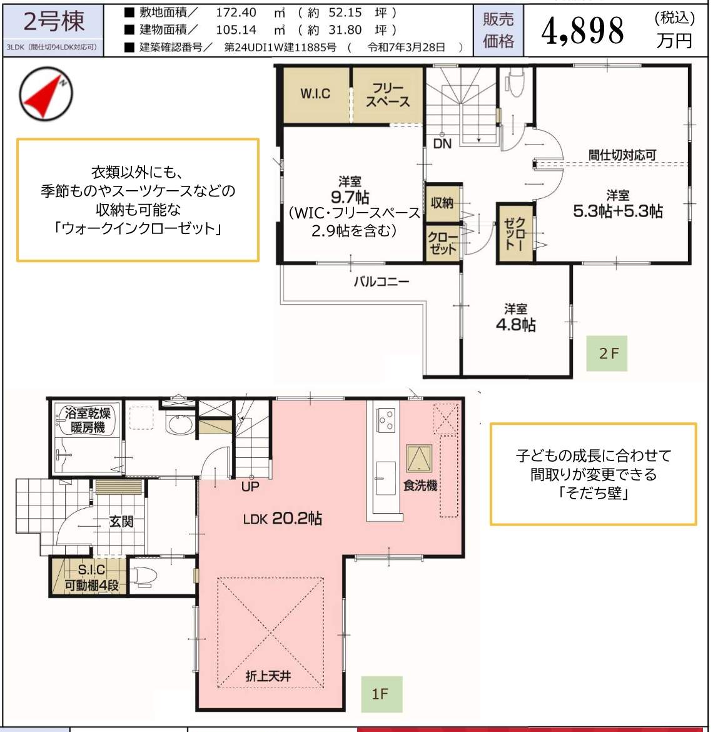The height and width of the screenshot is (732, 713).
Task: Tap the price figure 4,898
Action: (582, 31)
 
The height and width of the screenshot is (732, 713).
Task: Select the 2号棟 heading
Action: (54, 22)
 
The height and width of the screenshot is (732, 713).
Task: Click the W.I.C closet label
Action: (315, 94)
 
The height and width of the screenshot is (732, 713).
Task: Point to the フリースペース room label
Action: (388, 94)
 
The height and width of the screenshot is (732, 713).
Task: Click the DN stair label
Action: (442, 144)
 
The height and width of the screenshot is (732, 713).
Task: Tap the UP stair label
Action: (250, 486)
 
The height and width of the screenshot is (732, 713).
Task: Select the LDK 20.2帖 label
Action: (282, 519)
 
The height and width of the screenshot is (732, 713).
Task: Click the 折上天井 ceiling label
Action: (268, 676)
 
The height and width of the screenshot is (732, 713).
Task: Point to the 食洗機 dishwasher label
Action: (420, 485)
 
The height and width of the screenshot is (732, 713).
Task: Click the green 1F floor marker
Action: (380, 694)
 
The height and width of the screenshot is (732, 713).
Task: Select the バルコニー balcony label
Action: (382, 282)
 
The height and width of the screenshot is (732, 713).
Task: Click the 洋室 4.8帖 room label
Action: (515, 317)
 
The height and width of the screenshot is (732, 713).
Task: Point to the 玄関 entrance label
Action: (121, 521)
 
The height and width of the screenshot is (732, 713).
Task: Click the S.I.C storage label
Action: (91, 570)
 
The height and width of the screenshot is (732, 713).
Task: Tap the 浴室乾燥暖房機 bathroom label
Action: (88, 420)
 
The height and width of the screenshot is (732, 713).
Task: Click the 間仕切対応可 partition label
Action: (622, 155)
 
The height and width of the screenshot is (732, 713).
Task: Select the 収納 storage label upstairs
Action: (442, 203)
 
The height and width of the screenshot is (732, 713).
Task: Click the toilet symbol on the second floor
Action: (515, 83)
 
